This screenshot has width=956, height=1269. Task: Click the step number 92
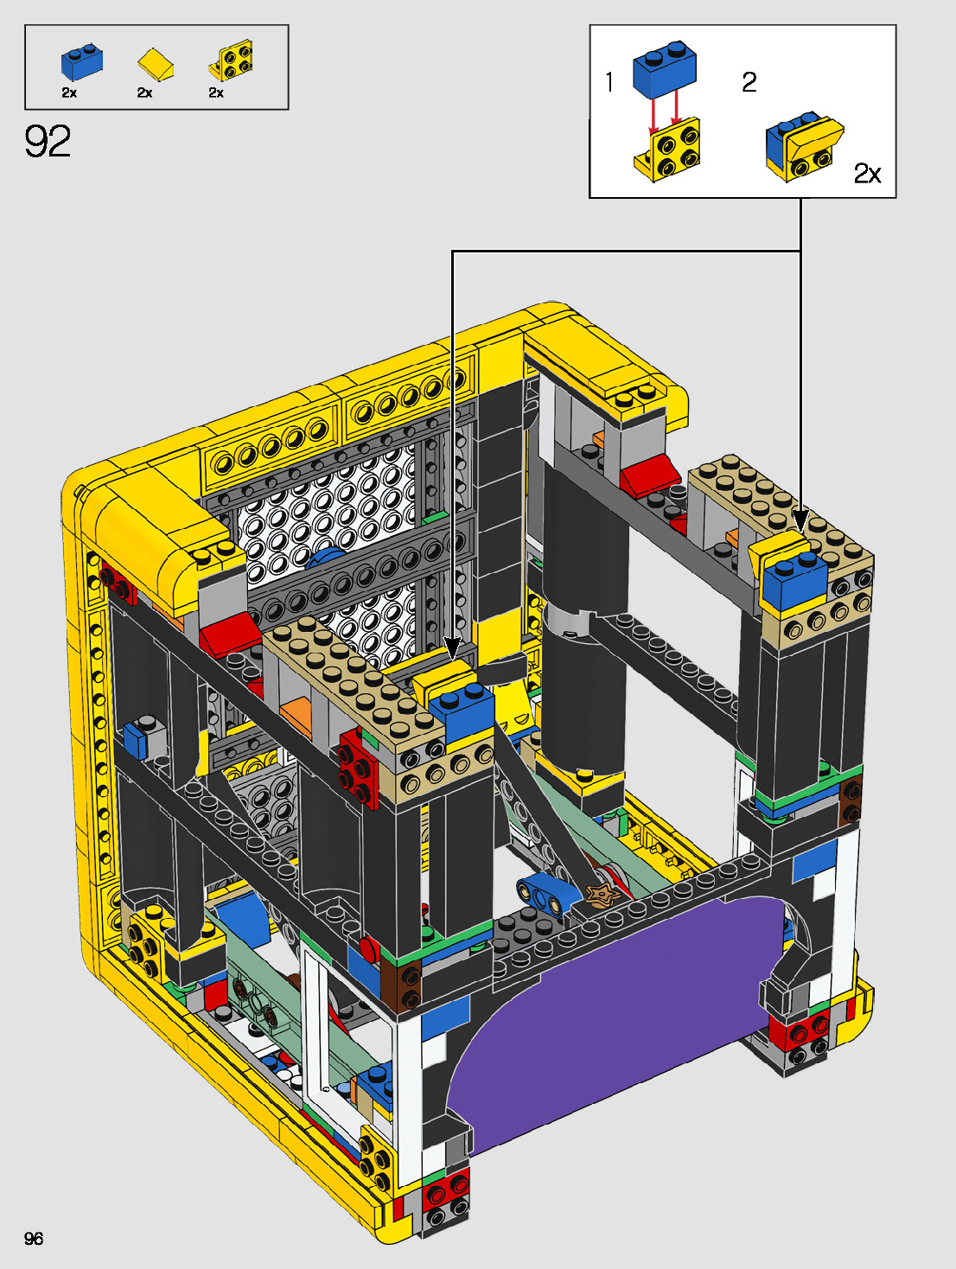[48, 141]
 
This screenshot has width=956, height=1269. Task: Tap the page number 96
[34, 1238]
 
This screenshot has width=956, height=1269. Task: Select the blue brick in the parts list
[82, 61]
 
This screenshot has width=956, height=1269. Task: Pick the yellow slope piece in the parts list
[156, 65]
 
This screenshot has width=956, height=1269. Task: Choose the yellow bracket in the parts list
[231, 61]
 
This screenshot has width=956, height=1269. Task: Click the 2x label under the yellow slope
[144, 92]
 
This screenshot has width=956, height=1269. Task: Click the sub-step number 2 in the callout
[749, 82]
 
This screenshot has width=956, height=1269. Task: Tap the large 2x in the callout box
[867, 173]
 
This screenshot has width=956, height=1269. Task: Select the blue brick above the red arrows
[665, 68]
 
